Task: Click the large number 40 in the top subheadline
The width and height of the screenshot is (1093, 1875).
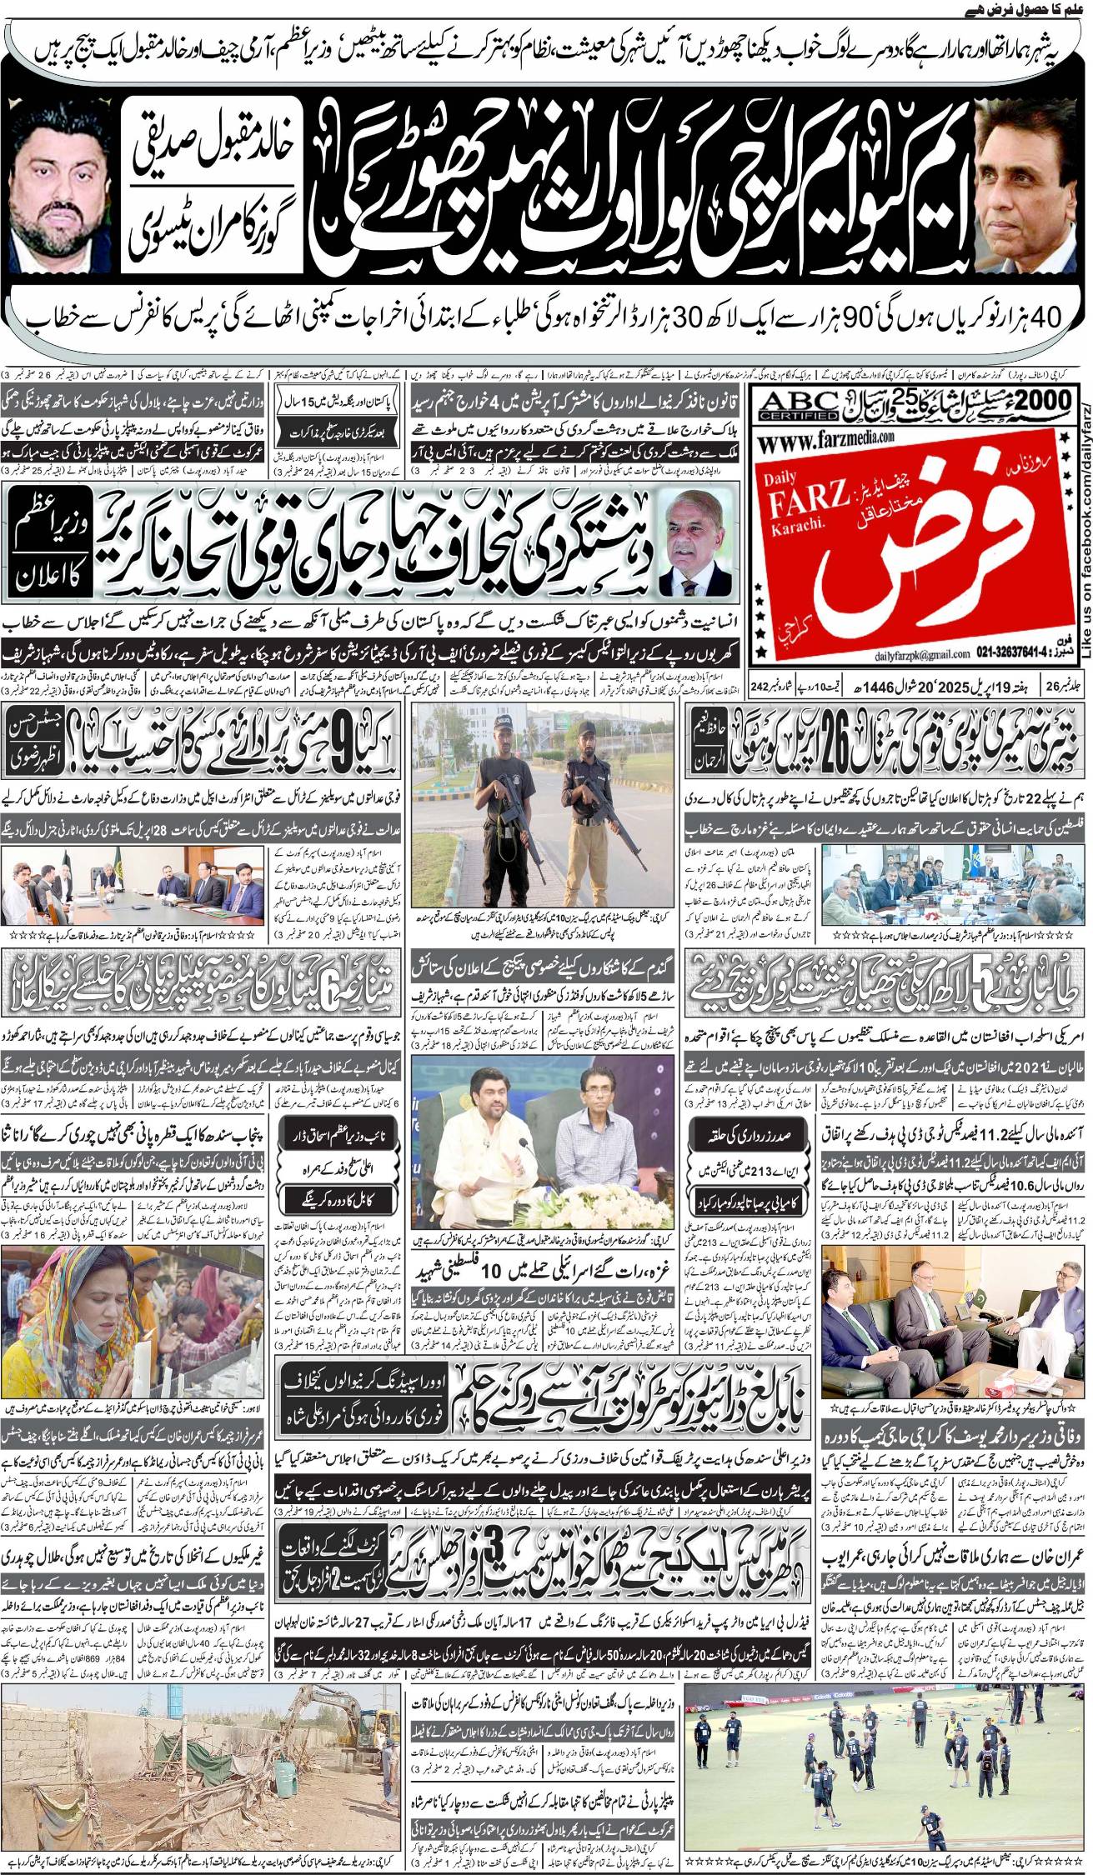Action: pos(1045,318)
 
